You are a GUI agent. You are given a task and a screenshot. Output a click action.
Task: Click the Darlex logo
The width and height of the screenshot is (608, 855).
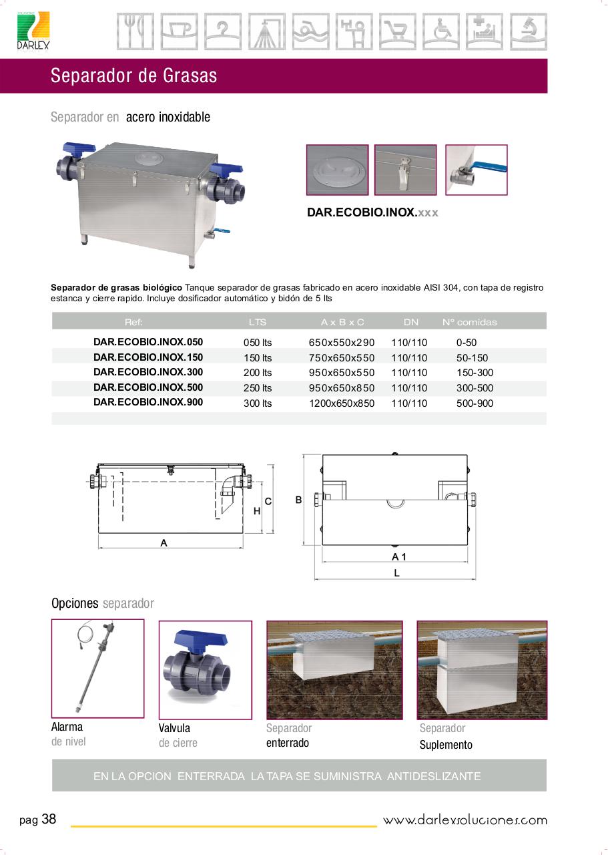[33, 31]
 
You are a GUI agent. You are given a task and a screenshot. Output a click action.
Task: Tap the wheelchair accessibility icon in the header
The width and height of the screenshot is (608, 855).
[441, 31]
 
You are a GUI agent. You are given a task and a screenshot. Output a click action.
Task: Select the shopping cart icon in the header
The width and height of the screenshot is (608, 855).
[398, 31]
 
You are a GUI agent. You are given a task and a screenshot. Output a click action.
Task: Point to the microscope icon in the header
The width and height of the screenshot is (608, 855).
[529, 31]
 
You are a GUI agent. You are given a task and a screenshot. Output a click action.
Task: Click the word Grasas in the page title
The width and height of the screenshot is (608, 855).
[190, 75]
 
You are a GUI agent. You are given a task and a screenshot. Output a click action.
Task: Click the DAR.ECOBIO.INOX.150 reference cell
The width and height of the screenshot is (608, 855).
[148, 357]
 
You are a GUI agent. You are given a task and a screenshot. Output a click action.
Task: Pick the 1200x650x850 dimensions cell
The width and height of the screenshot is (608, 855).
[342, 403]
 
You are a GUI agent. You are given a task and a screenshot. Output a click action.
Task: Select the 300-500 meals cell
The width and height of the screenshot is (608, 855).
[475, 388]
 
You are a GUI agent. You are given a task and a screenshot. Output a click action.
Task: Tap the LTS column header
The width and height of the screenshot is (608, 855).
[258, 322]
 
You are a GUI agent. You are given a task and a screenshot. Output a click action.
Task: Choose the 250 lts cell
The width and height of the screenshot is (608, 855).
[258, 388]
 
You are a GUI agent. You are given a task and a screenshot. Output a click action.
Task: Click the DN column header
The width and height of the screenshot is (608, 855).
[411, 322]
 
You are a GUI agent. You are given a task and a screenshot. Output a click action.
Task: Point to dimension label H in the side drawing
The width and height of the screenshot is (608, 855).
[257, 511]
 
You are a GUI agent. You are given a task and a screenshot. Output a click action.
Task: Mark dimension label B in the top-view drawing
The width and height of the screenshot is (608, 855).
[298, 500]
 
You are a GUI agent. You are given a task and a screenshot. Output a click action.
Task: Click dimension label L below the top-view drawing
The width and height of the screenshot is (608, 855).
[396, 572]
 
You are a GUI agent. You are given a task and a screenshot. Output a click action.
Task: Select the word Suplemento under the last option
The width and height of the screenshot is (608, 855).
[446, 744]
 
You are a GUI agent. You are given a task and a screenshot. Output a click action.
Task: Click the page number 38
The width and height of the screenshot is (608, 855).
[49, 819]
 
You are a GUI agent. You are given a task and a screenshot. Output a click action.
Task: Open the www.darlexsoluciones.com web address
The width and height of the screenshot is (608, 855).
[465, 820]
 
